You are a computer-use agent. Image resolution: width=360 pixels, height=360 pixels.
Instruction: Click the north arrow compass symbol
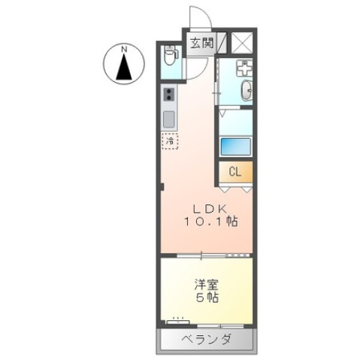(x=123, y=66)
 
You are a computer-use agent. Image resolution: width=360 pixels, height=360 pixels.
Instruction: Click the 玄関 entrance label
(x=200, y=43)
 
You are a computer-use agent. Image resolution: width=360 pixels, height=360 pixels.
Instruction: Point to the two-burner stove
(x=170, y=95)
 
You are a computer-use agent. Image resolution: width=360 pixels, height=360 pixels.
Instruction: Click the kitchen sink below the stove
(x=170, y=119)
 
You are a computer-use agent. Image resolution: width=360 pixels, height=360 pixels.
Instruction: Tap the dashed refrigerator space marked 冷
(x=170, y=140)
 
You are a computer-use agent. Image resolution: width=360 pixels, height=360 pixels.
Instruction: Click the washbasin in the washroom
(x=246, y=92)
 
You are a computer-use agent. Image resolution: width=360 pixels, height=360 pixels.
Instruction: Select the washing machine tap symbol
(x=244, y=68)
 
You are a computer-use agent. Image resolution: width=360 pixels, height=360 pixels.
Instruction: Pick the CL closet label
(x=234, y=171)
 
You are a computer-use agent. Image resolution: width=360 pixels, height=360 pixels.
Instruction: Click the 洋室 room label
(x=205, y=283)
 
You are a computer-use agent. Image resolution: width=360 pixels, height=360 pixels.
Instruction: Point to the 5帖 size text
(x=206, y=298)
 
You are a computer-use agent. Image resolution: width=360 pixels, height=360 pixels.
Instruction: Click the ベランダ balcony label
(x=206, y=340)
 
